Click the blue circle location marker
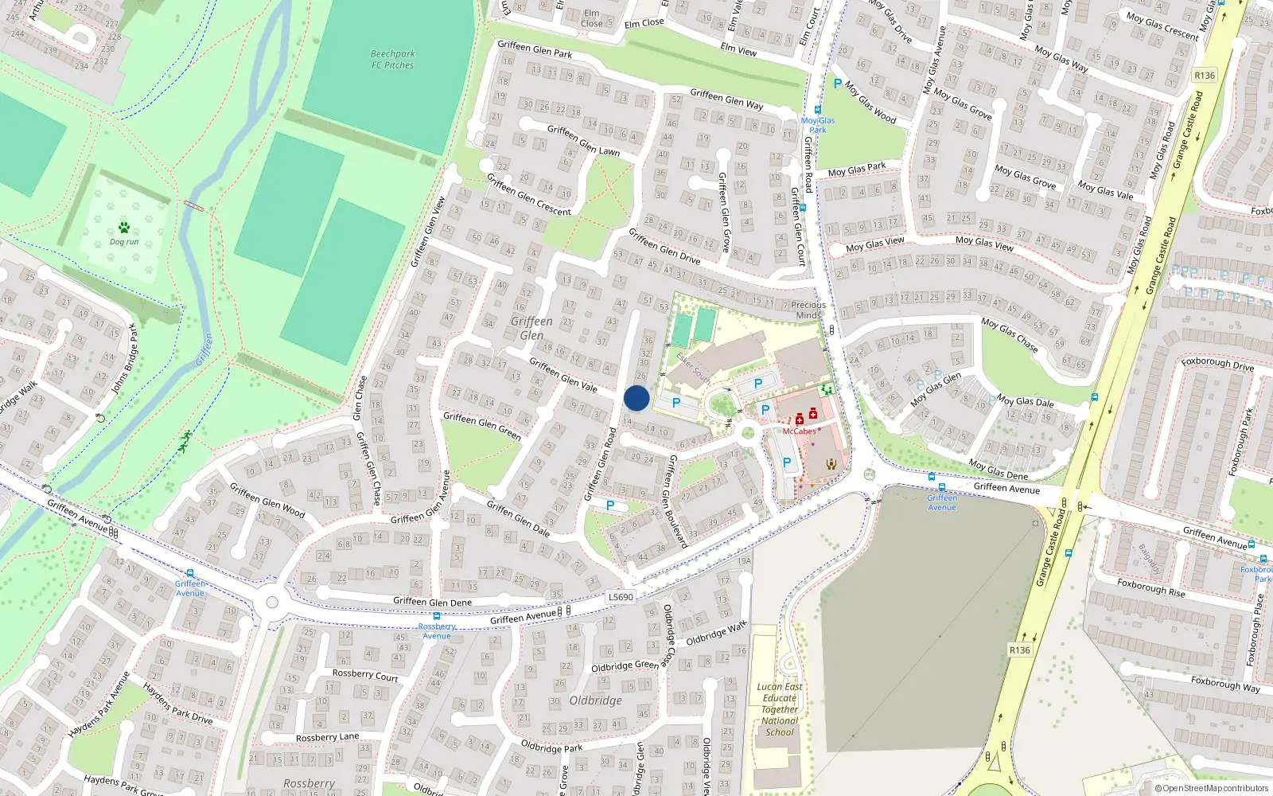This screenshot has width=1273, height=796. [x=636, y=398]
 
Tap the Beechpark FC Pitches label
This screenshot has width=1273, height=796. [x=392, y=60]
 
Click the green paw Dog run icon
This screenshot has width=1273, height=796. [x=124, y=228]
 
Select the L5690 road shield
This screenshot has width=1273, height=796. [x=621, y=597]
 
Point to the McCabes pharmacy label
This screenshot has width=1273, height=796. [x=799, y=431]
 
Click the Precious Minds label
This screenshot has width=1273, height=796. [x=808, y=310]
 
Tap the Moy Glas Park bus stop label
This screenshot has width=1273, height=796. [x=818, y=125]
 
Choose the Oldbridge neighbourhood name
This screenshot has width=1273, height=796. [x=595, y=700]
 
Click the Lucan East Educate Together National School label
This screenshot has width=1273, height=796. [x=780, y=709]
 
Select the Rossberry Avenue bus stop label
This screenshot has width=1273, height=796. [x=437, y=631]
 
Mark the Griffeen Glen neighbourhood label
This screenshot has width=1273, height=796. [x=531, y=328]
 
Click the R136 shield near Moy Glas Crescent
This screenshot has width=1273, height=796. [x=1205, y=76]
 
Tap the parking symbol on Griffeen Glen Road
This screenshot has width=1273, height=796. [x=610, y=505]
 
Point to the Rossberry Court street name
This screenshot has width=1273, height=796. [x=365, y=675]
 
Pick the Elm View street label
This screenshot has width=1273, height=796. [x=738, y=49]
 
